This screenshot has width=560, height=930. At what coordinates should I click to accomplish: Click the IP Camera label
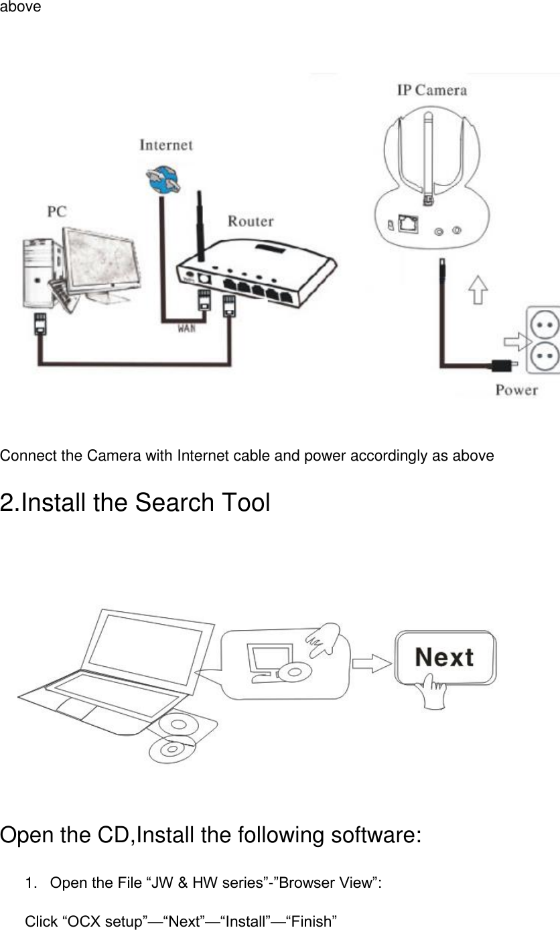pyautogui.click(x=431, y=90)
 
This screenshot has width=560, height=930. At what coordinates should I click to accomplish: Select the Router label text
pyautogui.click(x=251, y=220)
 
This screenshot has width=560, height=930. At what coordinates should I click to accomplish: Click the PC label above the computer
pyautogui.click(x=57, y=212)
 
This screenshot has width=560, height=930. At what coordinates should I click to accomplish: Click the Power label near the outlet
pyautogui.click(x=516, y=390)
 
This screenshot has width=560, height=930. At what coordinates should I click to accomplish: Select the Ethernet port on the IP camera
pyautogui.click(x=407, y=223)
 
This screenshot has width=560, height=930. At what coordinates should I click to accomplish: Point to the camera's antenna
pyautogui.click(x=425, y=161)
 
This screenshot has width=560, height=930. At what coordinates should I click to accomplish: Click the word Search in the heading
pyautogui.click(x=173, y=503)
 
